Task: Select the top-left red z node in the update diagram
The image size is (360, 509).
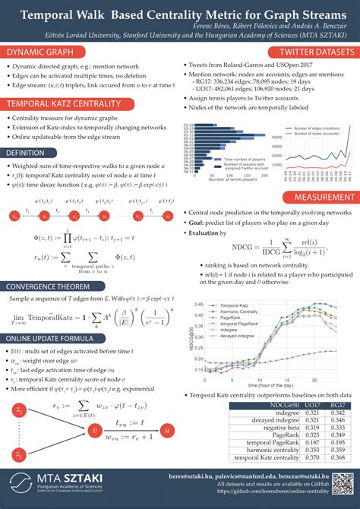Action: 18,410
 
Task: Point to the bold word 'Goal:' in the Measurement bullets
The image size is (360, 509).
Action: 200,225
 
